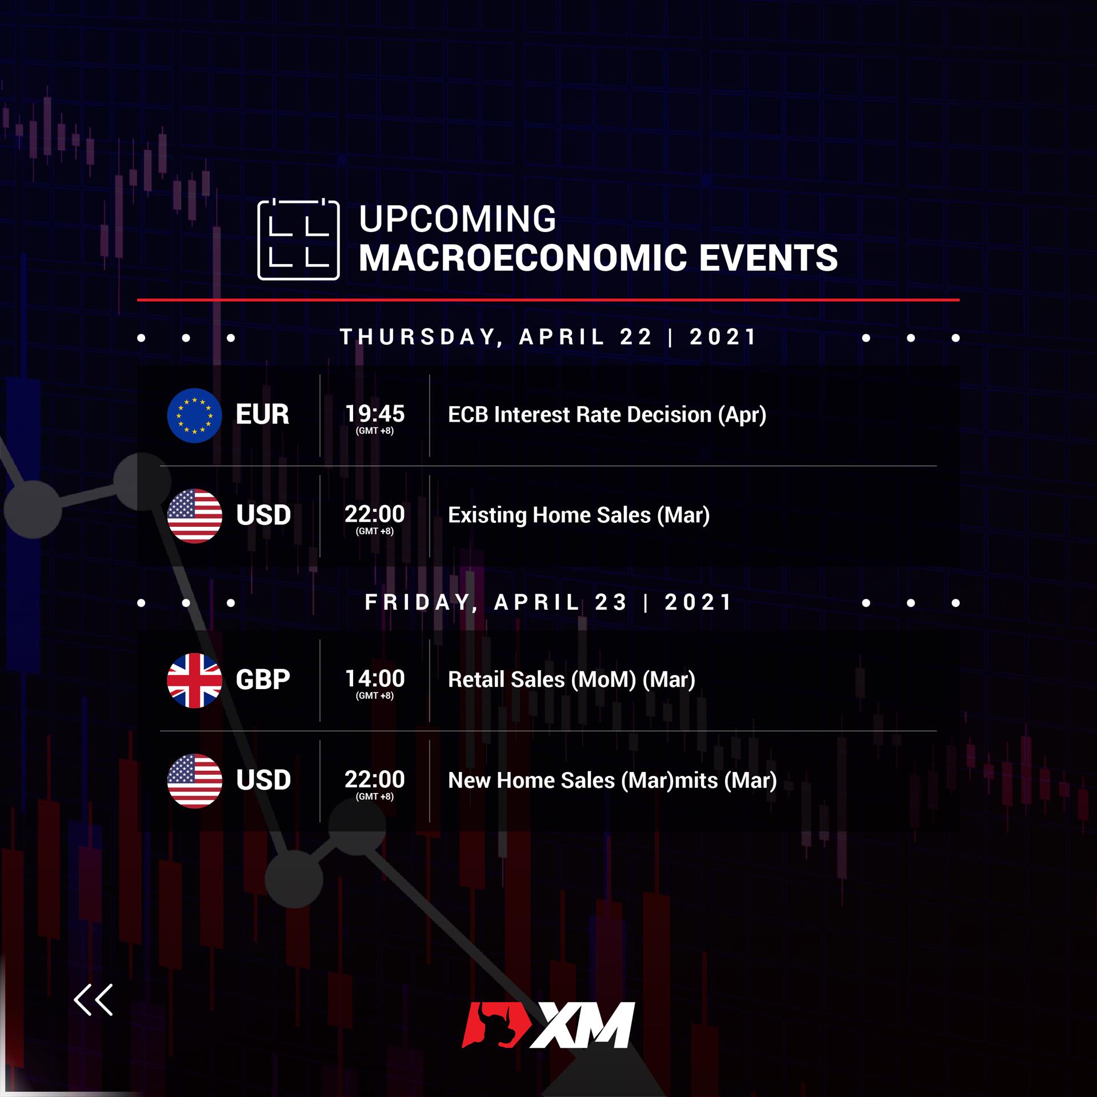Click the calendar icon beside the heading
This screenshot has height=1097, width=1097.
(x=298, y=239)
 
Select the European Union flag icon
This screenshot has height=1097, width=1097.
(x=194, y=415)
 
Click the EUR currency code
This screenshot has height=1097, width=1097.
(x=262, y=414)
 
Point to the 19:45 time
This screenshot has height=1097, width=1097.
(x=375, y=413)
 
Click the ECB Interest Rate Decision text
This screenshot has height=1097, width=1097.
(x=607, y=415)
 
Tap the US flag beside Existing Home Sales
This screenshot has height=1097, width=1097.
(x=194, y=516)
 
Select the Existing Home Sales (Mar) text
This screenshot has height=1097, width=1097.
(x=579, y=515)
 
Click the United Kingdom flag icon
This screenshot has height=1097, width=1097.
(x=194, y=680)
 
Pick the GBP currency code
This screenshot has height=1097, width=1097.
(x=263, y=679)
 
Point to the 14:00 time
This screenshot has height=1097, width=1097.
(x=375, y=678)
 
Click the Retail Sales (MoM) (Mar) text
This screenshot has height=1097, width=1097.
(x=571, y=680)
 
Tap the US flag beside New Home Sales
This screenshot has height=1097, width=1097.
(x=194, y=781)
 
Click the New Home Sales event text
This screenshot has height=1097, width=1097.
(x=612, y=780)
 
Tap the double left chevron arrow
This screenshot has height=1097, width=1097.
(x=93, y=1000)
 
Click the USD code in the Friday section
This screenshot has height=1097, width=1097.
(x=263, y=780)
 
